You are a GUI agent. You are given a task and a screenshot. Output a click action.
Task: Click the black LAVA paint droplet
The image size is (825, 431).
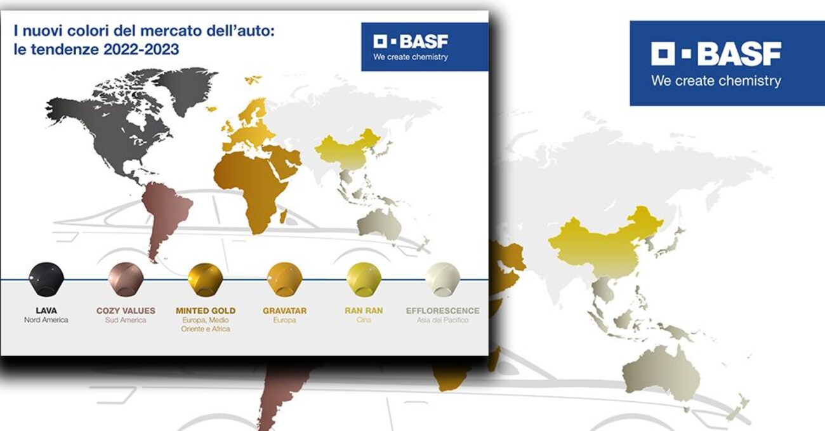click(46, 279)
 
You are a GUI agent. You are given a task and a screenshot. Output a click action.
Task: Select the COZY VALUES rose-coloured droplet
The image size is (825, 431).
click(126, 279)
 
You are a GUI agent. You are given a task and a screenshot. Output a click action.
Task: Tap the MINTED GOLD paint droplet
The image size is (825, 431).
click(205, 279)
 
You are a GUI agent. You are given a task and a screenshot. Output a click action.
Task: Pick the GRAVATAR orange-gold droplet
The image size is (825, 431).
click(284, 279)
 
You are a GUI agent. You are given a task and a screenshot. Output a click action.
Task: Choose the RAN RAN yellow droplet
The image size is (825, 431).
click(364, 279)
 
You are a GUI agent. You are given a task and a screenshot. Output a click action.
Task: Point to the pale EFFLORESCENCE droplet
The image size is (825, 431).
click(443, 279)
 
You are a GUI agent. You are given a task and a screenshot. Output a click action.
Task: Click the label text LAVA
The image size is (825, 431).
click(46, 310)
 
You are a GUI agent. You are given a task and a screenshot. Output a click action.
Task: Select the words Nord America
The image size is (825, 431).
click(46, 320)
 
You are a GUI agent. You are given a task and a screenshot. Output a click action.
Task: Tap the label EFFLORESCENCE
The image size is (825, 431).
click(443, 310)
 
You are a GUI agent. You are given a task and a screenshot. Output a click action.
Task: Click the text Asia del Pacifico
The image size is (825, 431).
click(443, 320)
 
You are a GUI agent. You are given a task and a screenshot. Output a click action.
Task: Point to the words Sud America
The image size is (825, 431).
click(126, 320)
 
